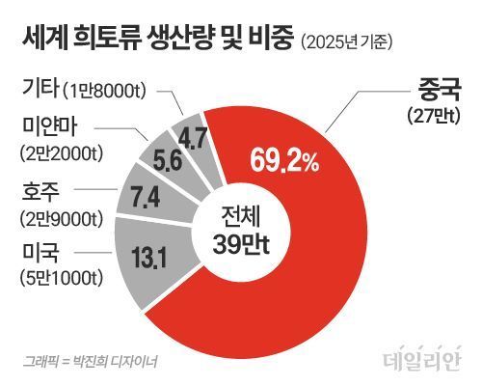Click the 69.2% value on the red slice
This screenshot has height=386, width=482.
(284, 160)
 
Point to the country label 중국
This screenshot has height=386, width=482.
(439, 90)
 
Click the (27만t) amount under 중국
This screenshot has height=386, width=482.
(434, 116)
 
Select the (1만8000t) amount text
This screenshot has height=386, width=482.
(105, 91)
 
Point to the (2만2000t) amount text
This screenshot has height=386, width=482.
(62, 153)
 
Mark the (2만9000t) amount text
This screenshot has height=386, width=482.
(62, 219)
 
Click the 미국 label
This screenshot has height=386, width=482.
(40, 253)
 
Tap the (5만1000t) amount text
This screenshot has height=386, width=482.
(62, 277)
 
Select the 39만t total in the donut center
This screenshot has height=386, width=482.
(241, 243)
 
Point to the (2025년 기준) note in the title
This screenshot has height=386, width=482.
(347, 41)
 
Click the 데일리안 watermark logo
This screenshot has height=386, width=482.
(422, 357)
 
